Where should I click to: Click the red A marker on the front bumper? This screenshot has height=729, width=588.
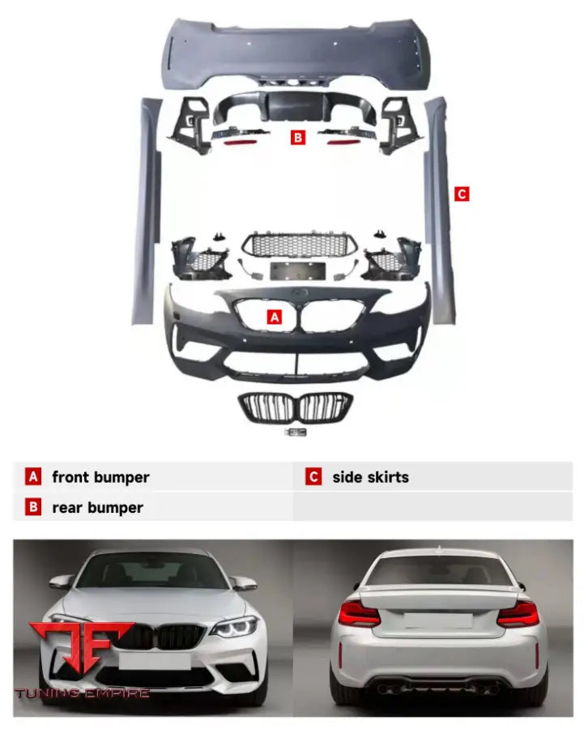pos(275,318)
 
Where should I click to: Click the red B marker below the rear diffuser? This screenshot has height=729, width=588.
pos(298,138)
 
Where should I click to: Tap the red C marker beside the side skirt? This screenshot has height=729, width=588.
pos(462,194)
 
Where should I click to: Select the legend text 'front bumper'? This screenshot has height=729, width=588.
pos(100,477)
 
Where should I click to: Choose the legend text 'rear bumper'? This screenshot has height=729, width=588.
pos(97,508)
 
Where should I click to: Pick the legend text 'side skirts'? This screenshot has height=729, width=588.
pos(370,477)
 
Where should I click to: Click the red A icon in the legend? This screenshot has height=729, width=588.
pos(33,477)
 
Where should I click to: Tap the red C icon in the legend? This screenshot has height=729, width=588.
pos(313,477)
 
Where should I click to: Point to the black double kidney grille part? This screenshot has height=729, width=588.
pos(295,407)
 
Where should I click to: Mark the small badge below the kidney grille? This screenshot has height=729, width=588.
pos(295,433)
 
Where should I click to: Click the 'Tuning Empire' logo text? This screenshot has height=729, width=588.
pos(82,693)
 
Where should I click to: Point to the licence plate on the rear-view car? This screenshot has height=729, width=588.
pos(437,620)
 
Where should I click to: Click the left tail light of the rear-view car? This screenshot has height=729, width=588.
pos(360,614)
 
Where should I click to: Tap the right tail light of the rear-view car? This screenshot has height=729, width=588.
pos(517,614)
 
